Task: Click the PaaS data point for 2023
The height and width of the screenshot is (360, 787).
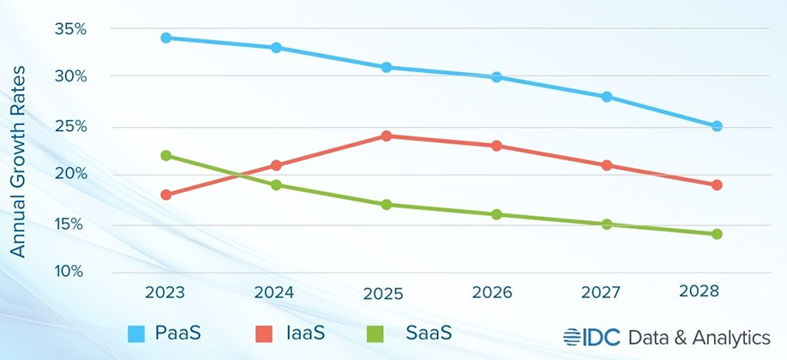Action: pos(165,38)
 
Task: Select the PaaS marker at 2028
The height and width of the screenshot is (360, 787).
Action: pos(717,126)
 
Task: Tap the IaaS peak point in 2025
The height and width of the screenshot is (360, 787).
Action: pos(387,135)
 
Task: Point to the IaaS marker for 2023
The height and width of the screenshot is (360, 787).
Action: pos(165,195)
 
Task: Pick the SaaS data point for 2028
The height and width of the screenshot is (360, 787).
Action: pos(717,234)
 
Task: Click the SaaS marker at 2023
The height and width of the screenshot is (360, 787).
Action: pos(165,155)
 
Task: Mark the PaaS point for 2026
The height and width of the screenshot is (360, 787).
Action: pos(496,77)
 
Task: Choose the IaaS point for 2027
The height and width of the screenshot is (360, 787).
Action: pos(607,165)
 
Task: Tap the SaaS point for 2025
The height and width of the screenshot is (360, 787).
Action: pos(387,205)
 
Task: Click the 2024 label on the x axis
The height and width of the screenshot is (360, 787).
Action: pos(274,291)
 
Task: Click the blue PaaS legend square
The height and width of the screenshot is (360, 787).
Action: pos(136,333)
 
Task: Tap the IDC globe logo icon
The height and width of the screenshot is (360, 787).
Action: pos(573,336)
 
